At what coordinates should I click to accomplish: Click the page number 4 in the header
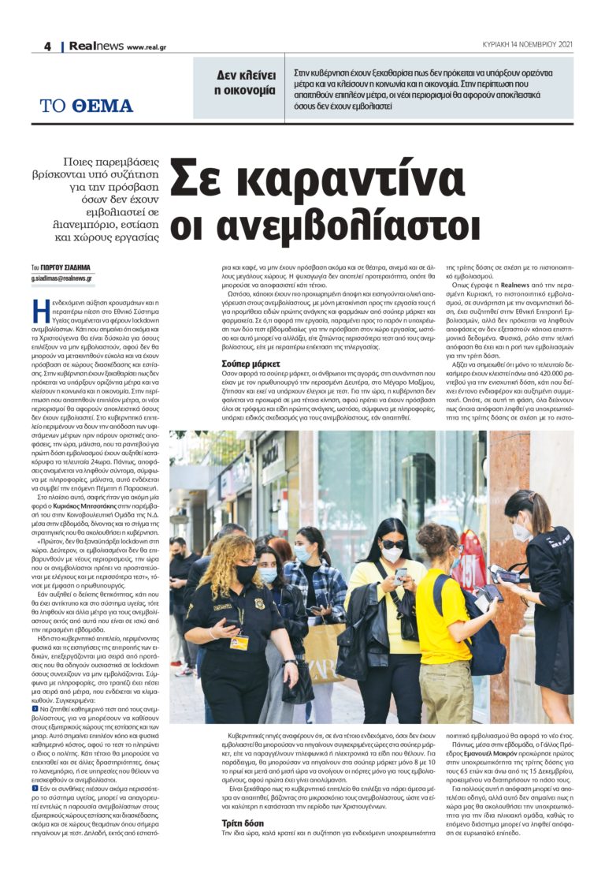click(47, 47)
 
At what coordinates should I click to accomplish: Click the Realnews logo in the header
click(95, 47)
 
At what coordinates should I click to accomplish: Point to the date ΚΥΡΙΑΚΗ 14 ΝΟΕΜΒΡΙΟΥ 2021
click(527, 45)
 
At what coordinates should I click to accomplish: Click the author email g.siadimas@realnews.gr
click(62, 278)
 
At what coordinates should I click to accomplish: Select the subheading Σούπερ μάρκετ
click(251, 364)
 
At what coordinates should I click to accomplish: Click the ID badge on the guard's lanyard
click(239, 642)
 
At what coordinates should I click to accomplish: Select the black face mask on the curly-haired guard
click(246, 575)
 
